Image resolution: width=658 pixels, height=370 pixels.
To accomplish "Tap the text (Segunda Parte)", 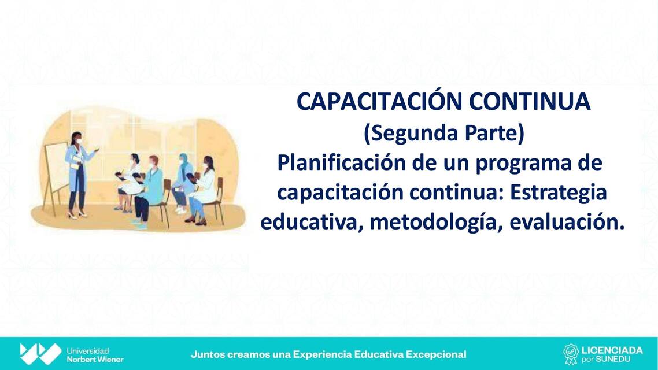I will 443,133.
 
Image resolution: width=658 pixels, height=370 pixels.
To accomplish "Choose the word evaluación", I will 567,223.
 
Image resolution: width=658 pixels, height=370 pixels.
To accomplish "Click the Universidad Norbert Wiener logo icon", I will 40,354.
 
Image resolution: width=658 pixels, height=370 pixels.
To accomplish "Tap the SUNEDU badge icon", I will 571,354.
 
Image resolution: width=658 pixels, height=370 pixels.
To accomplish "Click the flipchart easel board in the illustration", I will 57,168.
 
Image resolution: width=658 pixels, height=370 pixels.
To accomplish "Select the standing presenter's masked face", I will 76,139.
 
